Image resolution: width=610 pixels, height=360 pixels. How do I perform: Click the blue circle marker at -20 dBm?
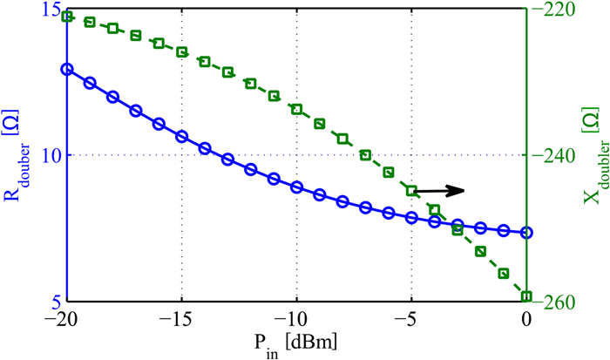pyautogui.click(x=66, y=68)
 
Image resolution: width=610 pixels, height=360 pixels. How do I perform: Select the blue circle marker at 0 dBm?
pyautogui.click(x=526, y=233)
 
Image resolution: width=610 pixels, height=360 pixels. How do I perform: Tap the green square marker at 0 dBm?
pyautogui.click(x=526, y=296)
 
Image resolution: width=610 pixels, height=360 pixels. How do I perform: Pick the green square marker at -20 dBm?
pyautogui.click(x=66, y=16)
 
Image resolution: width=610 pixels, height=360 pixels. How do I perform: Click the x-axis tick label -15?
pyautogui.click(x=179, y=319)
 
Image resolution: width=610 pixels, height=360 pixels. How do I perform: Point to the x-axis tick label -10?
pyautogui.click(x=295, y=319)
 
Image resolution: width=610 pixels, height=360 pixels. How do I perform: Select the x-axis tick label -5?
pyautogui.click(x=410, y=319)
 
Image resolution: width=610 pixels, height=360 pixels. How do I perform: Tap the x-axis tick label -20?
pyautogui.click(x=64, y=319)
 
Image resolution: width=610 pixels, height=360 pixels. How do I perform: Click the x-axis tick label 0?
pyautogui.click(x=526, y=319)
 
